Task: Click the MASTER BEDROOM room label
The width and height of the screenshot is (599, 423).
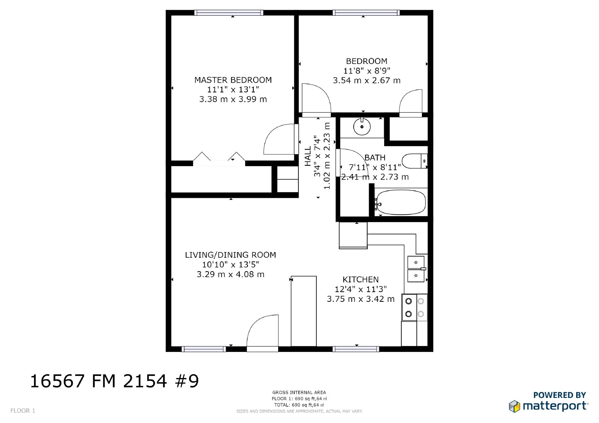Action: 233,80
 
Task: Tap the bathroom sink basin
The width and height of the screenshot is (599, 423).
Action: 362,127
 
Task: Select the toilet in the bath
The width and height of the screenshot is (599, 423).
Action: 414,161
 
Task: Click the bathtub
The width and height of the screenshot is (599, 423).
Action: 401,202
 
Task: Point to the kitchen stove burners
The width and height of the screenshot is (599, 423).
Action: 414,307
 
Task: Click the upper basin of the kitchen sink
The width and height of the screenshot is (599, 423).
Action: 416,262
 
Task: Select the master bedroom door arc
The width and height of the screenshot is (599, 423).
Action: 279,139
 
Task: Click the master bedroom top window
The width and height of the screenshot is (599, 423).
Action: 229,13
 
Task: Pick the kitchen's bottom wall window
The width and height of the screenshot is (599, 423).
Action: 356,349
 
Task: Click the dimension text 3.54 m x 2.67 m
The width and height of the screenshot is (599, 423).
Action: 367,80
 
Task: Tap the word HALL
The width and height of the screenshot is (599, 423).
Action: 308,156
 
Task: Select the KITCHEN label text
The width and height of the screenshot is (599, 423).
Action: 361,279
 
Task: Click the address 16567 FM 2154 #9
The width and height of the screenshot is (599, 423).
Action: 114,381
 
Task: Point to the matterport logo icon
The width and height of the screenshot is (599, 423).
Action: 514,406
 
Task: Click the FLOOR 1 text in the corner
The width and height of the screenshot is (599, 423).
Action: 23,411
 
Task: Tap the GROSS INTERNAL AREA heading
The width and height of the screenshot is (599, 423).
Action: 299,392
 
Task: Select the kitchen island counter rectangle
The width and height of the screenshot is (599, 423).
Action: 304,311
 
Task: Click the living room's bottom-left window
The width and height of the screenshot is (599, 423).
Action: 204,349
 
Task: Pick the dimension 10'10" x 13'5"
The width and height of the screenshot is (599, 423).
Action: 231,264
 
